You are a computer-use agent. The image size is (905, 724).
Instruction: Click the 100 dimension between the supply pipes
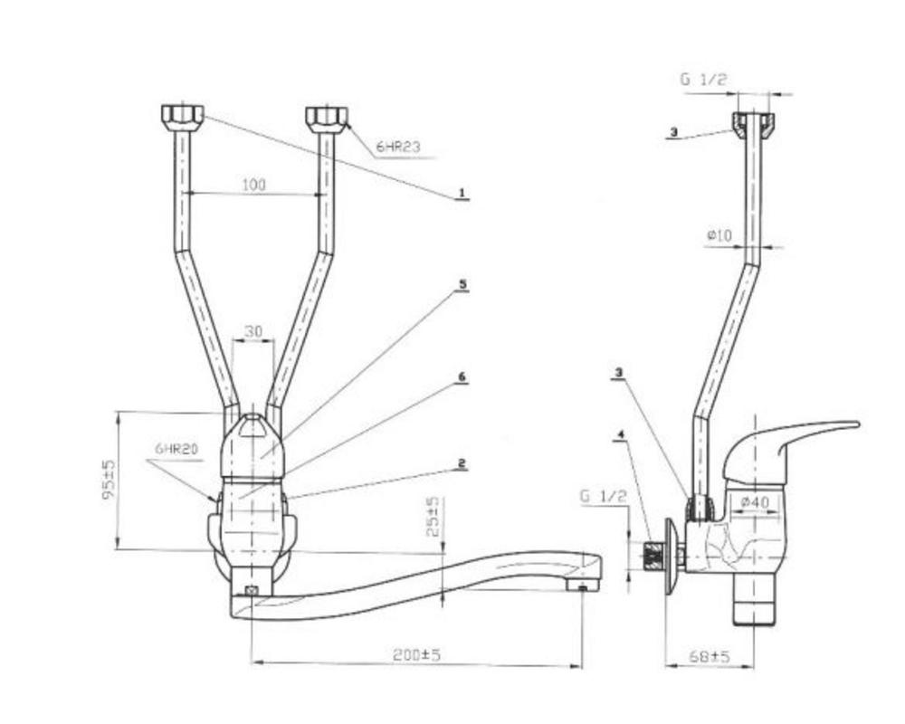coord(254,185)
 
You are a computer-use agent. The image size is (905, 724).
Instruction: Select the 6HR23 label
coord(399,147)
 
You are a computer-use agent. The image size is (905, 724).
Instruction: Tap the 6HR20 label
coord(176,449)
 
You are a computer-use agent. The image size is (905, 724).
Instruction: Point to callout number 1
coord(462,192)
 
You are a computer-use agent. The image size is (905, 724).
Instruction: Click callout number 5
coord(462,285)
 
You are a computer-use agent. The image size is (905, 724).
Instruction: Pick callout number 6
coord(462,377)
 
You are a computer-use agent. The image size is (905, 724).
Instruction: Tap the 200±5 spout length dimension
coord(416,655)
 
